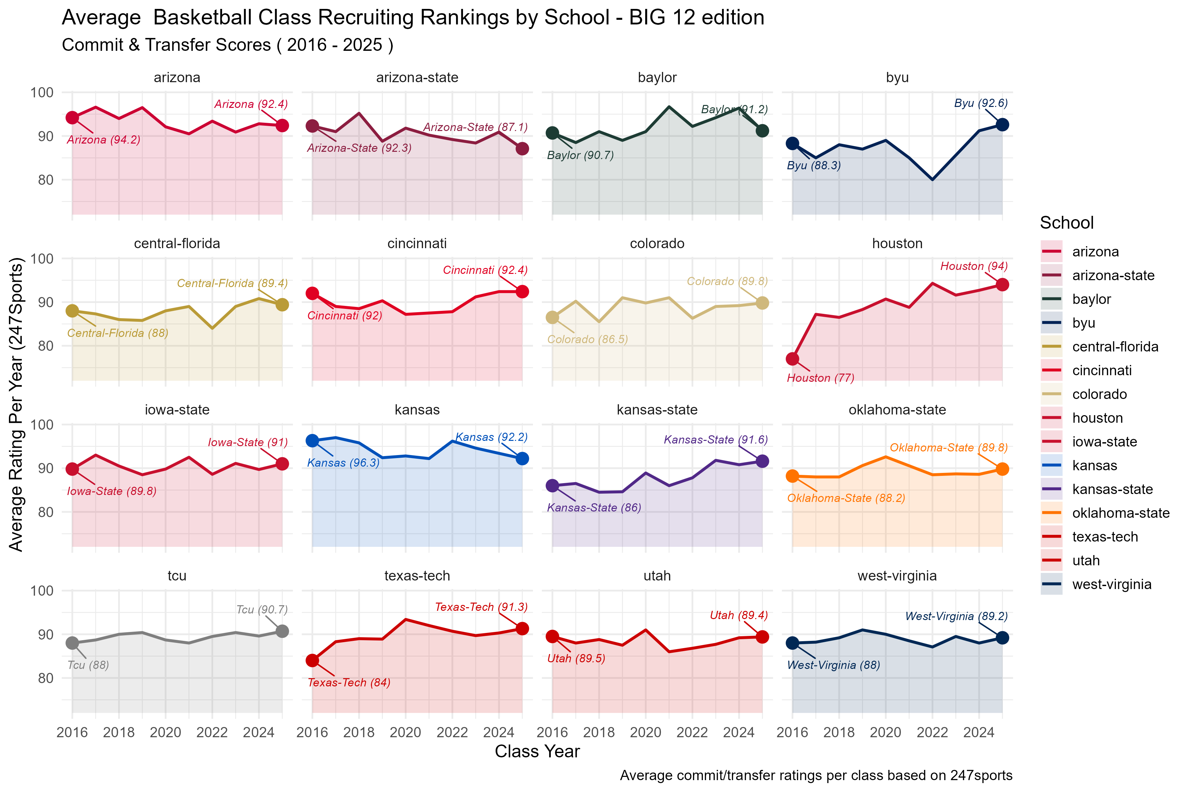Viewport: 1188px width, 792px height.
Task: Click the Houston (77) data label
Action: click(x=820, y=378)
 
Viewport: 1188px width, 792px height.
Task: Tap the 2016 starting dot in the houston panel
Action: click(x=793, y=359)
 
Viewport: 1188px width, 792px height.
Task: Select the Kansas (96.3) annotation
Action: click(x=344, y=463)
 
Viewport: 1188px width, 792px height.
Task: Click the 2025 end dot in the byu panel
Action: click(x=1002, y=125)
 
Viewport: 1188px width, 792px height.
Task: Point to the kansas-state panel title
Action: click(x=657, y=410)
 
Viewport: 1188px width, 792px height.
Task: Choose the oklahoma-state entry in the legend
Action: click(x=1120, y=513)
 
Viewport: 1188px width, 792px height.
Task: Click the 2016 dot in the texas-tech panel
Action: click(x=312, y=660)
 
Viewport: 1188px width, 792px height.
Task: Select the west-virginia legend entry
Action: click(x=1111, y=584)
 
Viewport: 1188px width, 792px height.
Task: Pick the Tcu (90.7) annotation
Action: click(x=262, y=610)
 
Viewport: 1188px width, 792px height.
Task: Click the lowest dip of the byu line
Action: click(x=933, y=180)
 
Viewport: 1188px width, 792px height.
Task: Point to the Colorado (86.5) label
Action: click(x=587, y=340)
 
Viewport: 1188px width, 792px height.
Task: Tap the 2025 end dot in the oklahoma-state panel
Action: click(x=1002, y=469)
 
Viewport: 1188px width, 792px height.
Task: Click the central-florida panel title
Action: click(x=177, y=244)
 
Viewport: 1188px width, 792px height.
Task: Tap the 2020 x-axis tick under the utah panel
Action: click(x=645, y=732)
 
